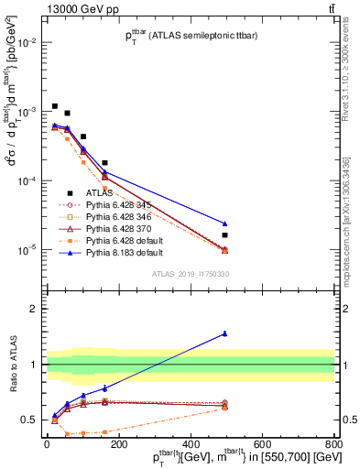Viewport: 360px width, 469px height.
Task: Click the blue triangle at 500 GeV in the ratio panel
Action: click(224, 333)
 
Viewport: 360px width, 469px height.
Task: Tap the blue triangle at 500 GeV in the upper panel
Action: click(224, 224)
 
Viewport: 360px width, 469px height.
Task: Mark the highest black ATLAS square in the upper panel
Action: click(55, 106)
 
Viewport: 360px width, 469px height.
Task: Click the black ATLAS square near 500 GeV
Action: click(224, 235)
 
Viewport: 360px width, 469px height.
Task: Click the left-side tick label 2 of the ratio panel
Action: click(34, 309)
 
